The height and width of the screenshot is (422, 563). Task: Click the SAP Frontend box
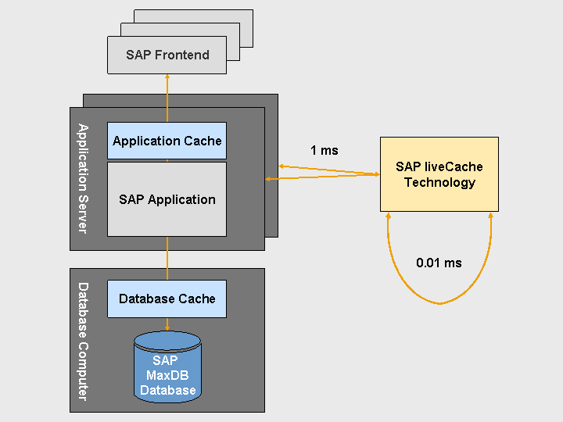click(167, 55)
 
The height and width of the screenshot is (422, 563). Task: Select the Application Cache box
click(167, 141)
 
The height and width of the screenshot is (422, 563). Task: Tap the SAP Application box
click(167, 199)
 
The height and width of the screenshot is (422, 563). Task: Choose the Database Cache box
click(167, 299)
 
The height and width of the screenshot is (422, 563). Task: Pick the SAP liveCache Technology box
click(439, 174)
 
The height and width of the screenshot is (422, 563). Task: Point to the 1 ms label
click(324, 150)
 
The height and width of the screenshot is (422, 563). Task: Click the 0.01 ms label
click(439, 263)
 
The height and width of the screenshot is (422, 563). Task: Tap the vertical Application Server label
click(82, 178)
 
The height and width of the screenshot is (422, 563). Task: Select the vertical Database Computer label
click(82, 342)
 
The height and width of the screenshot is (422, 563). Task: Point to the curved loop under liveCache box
click(439, 302)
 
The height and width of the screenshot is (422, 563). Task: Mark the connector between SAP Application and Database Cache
click(167, 259)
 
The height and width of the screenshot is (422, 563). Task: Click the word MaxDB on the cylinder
click(167, 375)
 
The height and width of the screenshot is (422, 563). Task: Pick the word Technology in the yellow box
click(439, 182)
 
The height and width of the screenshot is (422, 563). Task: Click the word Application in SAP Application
click(180, 199)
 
